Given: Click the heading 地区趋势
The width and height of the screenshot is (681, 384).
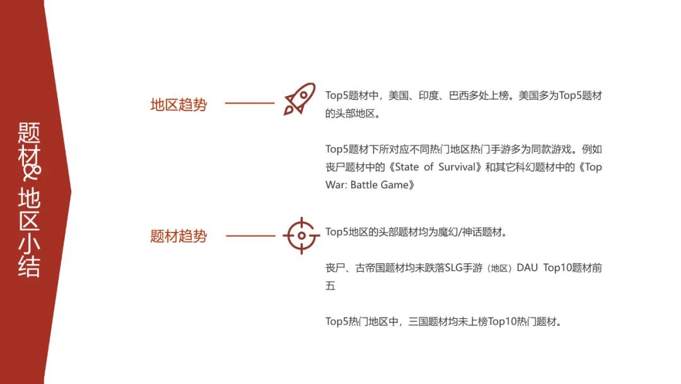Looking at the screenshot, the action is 178,105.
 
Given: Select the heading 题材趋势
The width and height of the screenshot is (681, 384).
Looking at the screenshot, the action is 178,236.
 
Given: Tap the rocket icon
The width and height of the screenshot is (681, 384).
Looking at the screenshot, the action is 300,99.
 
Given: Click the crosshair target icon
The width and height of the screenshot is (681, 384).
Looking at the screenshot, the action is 301,236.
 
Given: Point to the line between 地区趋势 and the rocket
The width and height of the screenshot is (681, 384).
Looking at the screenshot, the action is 250,103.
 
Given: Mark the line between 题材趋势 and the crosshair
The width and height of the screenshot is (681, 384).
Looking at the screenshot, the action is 250,236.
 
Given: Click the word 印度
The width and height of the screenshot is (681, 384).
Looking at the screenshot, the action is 429,95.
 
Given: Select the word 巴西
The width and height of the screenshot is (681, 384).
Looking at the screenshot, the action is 459,95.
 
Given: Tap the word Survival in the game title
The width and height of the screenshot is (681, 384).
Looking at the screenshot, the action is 457,167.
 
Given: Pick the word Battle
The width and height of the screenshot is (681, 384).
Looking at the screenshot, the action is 364,185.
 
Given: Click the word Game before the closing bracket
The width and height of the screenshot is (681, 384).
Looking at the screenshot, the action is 394,185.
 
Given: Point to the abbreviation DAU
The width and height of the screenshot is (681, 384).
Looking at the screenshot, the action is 527,268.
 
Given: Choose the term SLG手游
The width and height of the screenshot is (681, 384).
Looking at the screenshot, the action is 463,268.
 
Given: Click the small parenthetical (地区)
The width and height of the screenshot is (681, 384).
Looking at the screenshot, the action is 499,268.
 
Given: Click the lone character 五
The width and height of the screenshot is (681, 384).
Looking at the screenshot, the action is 330,285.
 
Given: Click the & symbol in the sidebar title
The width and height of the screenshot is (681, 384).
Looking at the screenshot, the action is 32,172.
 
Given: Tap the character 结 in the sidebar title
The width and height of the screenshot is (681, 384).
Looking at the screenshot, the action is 29,266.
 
